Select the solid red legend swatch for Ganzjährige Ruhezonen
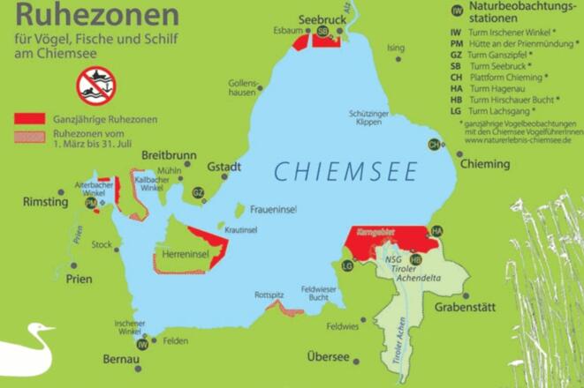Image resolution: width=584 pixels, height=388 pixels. (x=29, y=118)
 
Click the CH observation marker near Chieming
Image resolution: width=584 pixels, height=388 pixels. (x=434, y=145)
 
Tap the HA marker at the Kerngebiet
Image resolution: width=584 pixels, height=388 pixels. (x=436, y=231)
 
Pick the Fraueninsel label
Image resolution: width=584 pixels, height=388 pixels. (x=274, y=211)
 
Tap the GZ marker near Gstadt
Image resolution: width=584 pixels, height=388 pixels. (x=199, y=192)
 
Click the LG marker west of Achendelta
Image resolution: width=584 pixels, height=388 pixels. (x=347, y=265)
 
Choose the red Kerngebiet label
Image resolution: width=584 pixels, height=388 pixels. (x=381, y=231)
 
